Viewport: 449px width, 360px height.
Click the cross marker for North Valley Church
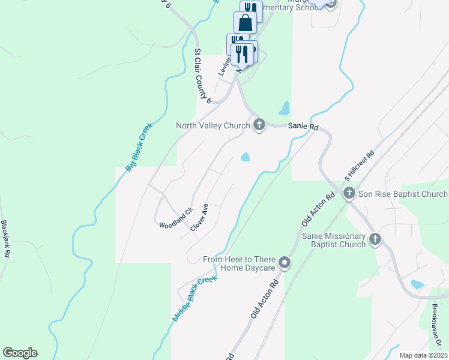coord(259,125)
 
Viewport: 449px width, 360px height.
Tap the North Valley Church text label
coord(212,125)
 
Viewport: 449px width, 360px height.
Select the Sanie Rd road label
coord(303,127)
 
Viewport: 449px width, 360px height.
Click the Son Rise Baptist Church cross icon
coord(350,193)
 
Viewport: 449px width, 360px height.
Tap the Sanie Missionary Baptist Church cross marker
coord(375,239)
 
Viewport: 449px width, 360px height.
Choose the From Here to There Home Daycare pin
coord(285,263)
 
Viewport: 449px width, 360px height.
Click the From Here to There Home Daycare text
coord(239,263)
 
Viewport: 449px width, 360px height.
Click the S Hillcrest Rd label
coord(359,166)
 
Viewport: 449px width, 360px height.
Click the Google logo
coord(20,353)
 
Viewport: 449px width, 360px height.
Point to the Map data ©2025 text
coord(423,355)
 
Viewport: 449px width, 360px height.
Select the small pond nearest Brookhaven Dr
coord(417,284)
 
